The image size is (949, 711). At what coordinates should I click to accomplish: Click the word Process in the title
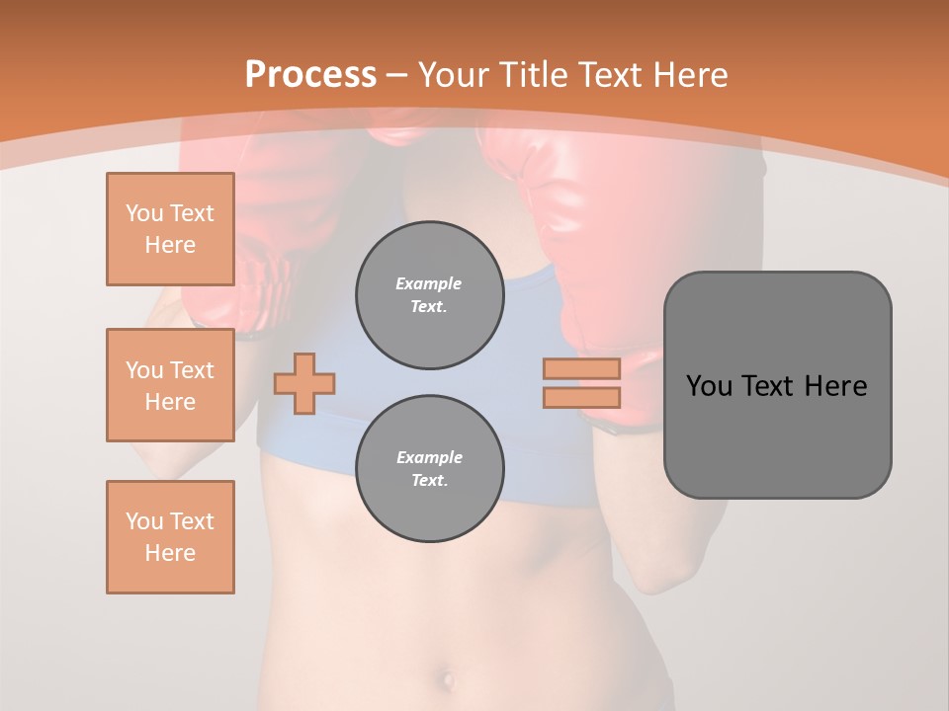click(310, 75)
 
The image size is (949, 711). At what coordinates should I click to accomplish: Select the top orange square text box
click(170, 229)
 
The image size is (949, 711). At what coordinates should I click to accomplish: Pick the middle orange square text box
click(170, 385)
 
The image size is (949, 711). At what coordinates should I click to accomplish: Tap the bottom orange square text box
click(170, 537)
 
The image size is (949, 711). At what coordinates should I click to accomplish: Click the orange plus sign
click(304, 383)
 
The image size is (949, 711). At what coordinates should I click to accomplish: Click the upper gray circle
click(429, 295)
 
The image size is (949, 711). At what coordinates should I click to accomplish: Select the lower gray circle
click(429, 469)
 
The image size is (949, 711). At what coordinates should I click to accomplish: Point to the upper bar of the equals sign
click(581, 368)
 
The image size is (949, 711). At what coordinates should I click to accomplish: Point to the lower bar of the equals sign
click(581, 397)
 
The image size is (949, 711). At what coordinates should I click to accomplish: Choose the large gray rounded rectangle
click(777, 434)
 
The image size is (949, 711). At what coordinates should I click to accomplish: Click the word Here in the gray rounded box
click(835, 386)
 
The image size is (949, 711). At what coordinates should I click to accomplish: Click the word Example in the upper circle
click(429, 283)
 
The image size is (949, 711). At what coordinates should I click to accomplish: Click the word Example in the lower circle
click(429, 457)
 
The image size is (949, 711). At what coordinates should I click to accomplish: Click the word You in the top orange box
click(144, 213)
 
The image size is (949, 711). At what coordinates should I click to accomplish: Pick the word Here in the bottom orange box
click(170, 553)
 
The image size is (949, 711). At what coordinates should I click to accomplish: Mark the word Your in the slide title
click(451, 75)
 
